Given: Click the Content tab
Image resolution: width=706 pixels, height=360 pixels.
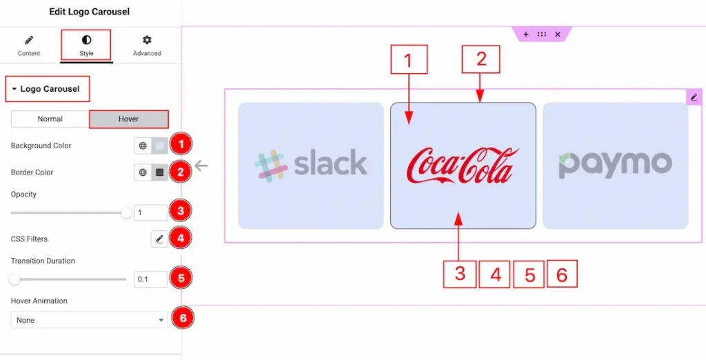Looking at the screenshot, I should [x=29, y=46].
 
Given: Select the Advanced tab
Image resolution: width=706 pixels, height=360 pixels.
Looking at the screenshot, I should [x=147, y=46].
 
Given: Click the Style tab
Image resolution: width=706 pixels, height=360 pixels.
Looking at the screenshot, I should [x=86, y=46].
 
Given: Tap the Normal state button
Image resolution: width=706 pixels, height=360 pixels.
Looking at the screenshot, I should [x=50, y=119].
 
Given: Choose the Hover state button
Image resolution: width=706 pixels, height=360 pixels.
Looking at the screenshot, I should [x=128, y=119].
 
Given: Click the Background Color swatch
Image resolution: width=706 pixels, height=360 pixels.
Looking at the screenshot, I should [x=160, y=146].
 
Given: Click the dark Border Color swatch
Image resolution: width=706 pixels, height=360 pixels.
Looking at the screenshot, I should [x=160, y=172].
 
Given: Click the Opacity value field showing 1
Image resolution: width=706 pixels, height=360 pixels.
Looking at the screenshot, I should [x=150, y=213].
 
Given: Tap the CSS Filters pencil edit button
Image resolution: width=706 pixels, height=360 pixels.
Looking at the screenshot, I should [x=159, y=239].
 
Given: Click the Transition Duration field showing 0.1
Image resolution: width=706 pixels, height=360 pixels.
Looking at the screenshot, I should [x=150, y=279].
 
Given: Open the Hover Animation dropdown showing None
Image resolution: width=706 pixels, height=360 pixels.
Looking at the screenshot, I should [x=89, y=320].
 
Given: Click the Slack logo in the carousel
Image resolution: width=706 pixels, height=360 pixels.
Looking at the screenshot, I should [x=311, y=165].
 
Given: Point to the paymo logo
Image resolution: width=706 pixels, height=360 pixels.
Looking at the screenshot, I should [x=615, y=165].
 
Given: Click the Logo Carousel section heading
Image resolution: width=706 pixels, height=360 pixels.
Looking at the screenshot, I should [x=49, y=89].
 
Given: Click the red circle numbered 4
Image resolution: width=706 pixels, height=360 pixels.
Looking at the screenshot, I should [x=181, y=239].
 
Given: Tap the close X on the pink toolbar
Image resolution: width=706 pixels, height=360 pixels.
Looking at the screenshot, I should [x=558, y=34].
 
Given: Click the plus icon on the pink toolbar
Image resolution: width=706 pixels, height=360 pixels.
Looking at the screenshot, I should [x=525, y=34].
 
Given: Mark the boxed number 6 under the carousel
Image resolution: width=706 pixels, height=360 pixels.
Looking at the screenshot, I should [x=561, y=274].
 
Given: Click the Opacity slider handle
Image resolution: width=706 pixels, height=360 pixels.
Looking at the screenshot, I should [x=126, y=213].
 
